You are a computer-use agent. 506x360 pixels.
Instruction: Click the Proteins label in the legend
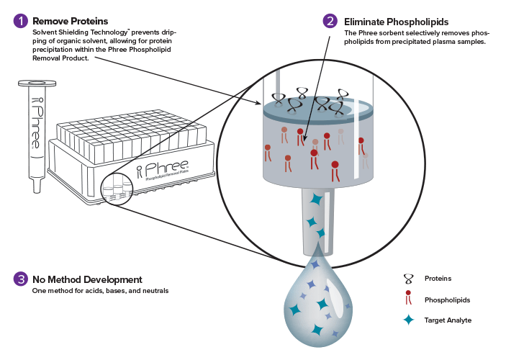438,277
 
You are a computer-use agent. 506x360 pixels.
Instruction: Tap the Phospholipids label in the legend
444,298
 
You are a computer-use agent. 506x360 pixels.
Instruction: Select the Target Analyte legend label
447,319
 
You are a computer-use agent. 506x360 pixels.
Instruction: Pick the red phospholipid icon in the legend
409,298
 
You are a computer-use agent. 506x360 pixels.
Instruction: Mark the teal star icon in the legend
409,319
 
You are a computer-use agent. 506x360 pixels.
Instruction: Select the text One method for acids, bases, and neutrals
100,291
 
